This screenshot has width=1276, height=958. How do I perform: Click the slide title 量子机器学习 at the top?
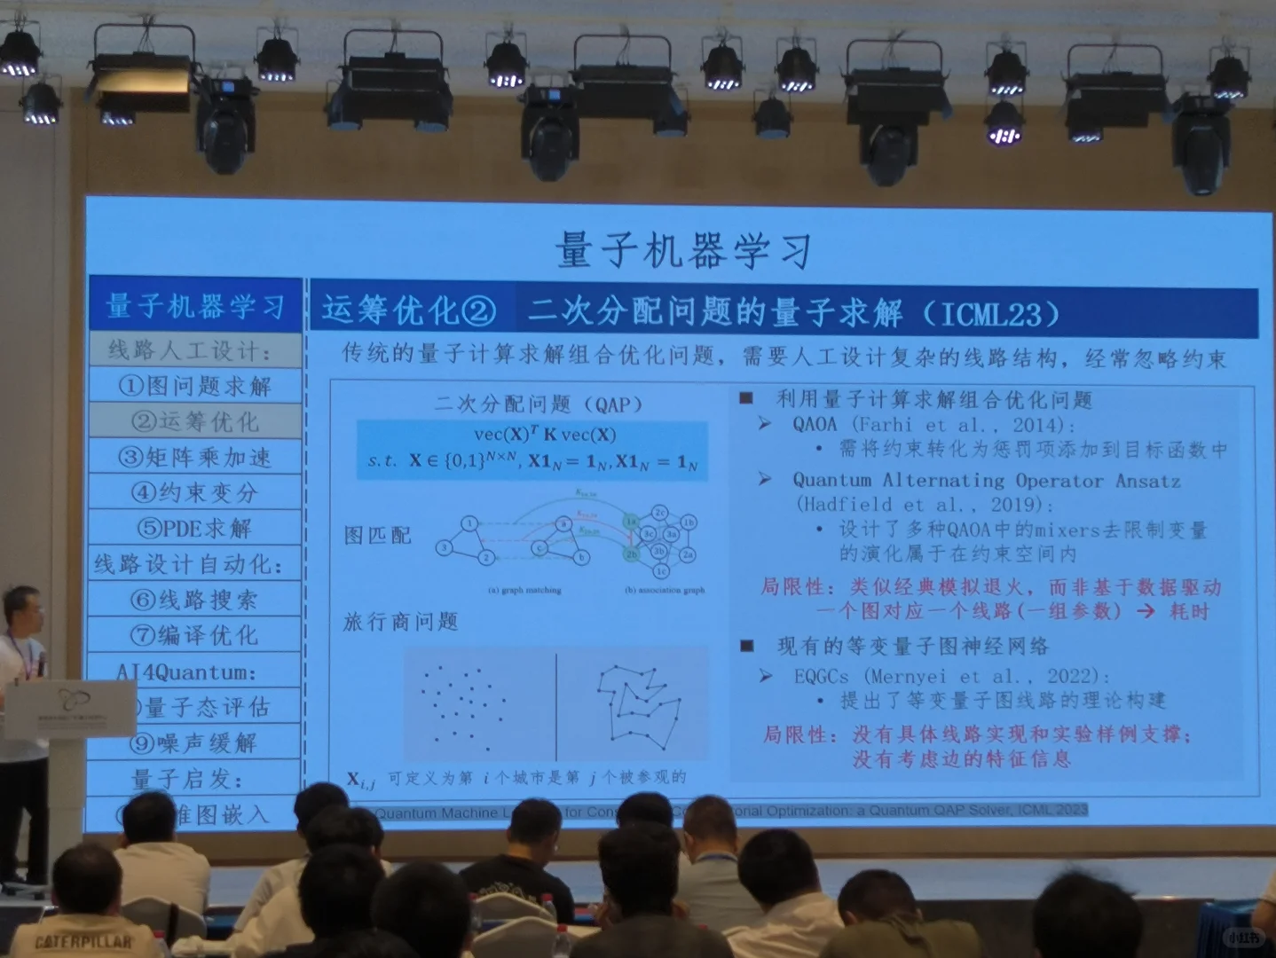pos(683,250)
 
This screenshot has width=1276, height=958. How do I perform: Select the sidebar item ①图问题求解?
pos(195,386)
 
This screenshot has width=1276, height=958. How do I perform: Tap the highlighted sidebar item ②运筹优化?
pos(195,421)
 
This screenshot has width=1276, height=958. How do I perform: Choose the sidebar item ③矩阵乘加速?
pos(195,457)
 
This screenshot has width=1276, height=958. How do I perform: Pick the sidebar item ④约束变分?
pos(195,492)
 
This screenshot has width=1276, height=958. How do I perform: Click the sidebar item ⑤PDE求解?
pos(195,528)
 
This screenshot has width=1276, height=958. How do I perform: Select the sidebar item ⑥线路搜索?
pos(195,600)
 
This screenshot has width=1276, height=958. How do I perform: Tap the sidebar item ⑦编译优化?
pos(195,635)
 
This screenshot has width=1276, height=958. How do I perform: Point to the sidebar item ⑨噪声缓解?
pos(195,742)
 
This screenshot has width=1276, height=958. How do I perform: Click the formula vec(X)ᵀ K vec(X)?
pos(545,435)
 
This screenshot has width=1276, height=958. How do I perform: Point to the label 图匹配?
pos(378,535)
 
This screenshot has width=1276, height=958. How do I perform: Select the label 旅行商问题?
pos(400,622)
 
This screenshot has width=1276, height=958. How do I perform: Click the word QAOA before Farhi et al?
pos(815,425)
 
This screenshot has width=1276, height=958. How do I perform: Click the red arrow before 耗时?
pos(1146,611)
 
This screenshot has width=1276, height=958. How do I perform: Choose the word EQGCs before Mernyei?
pos(822,677)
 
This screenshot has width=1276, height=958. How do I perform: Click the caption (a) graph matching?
pos(524,590)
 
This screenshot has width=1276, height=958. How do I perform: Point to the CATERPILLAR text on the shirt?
pos(83,941)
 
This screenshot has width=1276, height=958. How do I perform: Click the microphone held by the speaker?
pos(41,663)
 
